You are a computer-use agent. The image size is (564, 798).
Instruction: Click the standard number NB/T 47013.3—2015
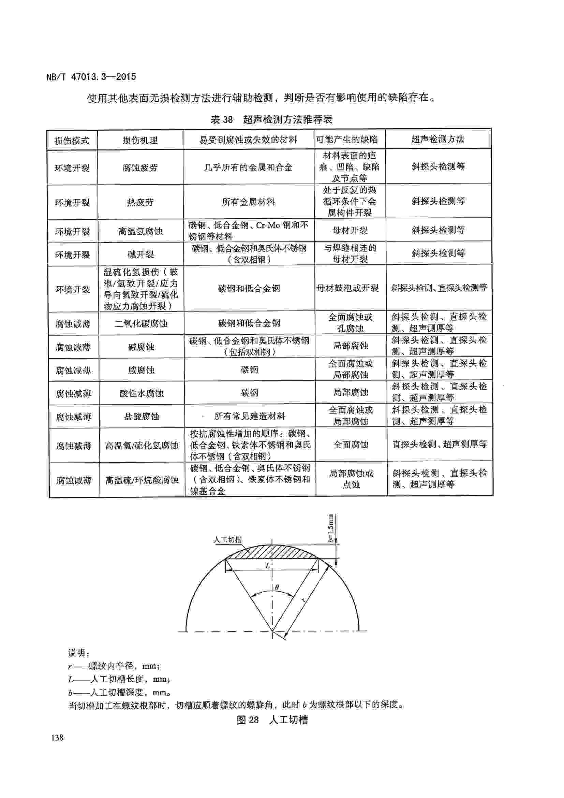91,77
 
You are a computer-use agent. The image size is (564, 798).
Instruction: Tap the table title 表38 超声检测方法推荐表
271,119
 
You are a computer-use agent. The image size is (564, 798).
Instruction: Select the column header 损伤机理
140,140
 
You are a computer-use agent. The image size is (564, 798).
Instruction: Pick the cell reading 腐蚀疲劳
140,168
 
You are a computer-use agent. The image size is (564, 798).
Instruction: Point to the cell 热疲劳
140,202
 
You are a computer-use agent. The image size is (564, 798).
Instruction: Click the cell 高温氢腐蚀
140,231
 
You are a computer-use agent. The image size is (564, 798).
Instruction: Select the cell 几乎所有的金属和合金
248,168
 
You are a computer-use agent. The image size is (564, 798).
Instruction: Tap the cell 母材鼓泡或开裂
347,288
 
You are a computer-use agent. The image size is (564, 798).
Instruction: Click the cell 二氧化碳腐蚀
141,323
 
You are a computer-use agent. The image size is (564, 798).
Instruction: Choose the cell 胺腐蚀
141,370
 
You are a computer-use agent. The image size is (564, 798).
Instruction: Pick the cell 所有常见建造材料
249,416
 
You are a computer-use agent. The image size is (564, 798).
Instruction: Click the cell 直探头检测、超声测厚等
440,444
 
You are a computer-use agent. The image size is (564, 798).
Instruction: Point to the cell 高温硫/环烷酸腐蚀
142,480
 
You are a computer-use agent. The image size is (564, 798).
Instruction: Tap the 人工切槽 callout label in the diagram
227,540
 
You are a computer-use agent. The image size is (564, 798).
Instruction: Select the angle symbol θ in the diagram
277,588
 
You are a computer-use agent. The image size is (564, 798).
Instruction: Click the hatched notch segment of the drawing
272,552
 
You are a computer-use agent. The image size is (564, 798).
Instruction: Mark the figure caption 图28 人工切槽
272,720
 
